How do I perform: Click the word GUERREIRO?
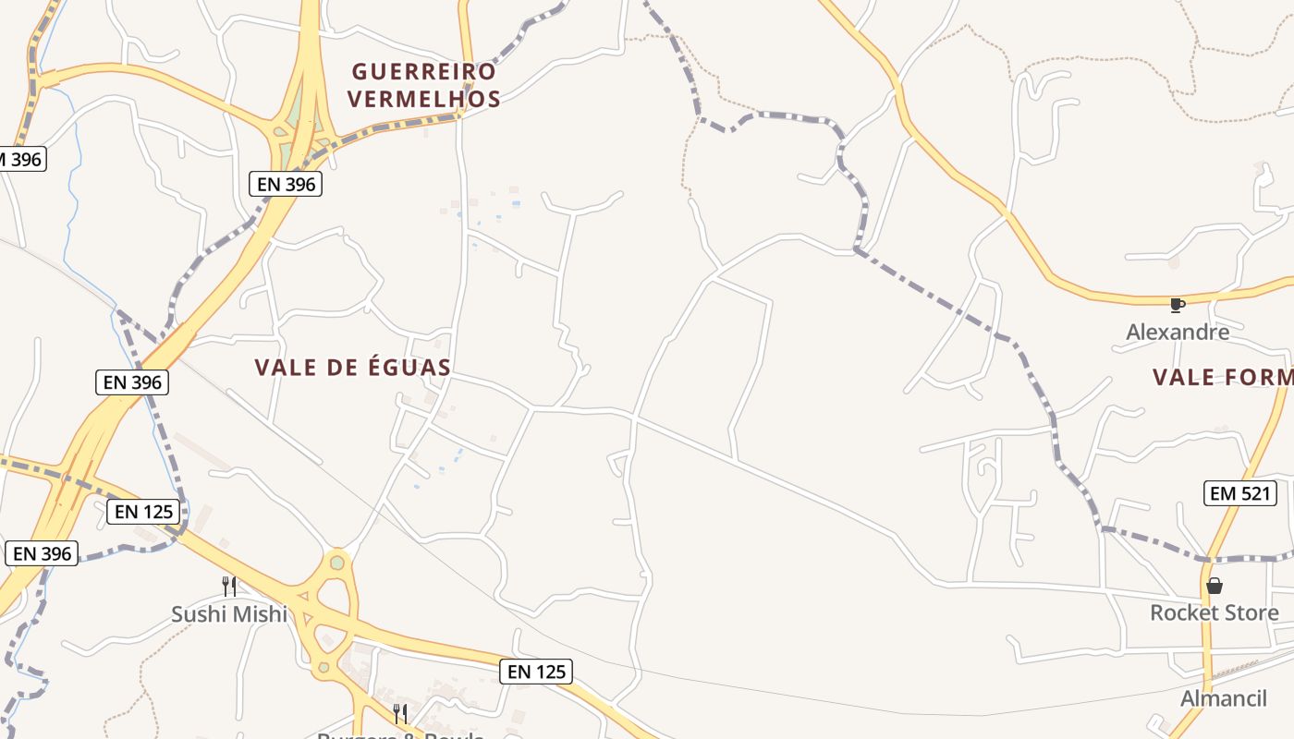[424, 71]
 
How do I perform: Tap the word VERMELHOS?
[424, 99]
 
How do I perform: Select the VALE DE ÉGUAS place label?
[352, 368]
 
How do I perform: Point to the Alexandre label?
[1178, 332]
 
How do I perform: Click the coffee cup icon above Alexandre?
[1177, 305]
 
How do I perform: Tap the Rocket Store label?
[1214, 612]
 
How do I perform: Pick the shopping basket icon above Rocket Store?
[1215, 586]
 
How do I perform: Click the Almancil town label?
[1223, 698]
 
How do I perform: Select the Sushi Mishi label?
[229, 614]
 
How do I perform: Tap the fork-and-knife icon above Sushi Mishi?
[229, 585]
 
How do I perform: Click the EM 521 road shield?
[1240, 493]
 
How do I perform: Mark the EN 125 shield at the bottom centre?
[535, 672]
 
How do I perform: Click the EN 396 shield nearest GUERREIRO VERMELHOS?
[286, 184]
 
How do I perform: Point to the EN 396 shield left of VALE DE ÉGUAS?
[131, 382]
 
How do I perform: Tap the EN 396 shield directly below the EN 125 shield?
[42, 553]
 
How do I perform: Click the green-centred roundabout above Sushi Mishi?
[337, 562]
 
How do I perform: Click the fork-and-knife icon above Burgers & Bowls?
[400, 713]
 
